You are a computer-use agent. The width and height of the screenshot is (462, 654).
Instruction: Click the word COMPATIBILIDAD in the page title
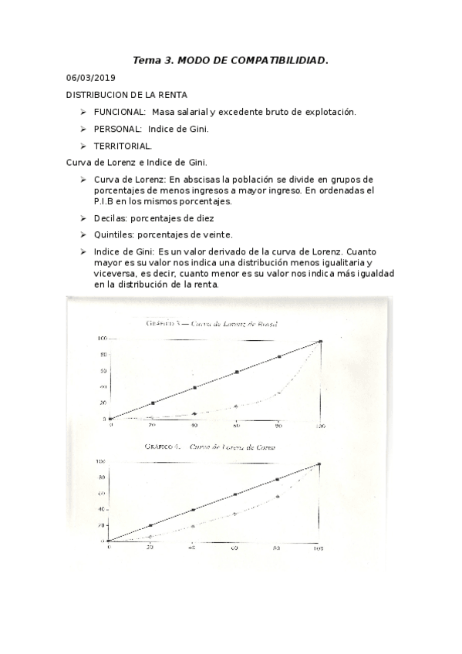(275, 59)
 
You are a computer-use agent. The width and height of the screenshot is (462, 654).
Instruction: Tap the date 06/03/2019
(89, 78)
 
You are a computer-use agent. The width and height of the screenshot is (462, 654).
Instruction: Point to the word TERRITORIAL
(123, 146)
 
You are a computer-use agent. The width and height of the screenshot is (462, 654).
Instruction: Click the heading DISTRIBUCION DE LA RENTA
(126, 95)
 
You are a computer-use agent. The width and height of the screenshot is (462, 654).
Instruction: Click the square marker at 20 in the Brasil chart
(153, 403)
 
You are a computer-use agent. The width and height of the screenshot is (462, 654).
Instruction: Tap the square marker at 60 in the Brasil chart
(237, 372)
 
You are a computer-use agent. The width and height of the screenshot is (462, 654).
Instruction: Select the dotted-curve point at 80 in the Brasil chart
(279, 393)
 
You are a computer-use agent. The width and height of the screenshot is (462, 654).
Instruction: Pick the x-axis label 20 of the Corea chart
(150, 548)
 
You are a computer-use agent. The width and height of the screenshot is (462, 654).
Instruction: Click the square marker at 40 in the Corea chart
(193, 510)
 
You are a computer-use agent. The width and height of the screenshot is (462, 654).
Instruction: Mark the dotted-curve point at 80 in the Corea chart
(277, 497)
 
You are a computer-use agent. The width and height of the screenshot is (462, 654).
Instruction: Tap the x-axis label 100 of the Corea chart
(318, 548)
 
